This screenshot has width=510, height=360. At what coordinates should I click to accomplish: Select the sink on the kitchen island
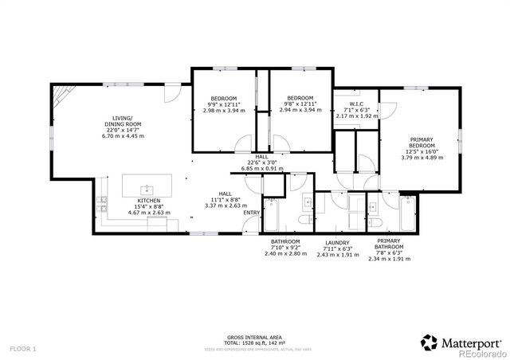click(146, 190)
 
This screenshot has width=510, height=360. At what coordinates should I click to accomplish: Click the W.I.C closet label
click(356, 104)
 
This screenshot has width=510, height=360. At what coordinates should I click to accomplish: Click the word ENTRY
click(251, 213)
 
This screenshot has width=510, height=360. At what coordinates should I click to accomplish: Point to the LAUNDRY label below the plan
click(338, 242)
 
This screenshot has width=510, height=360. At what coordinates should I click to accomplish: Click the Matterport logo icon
click(430, 342)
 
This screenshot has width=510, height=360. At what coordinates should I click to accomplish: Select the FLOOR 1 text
click(23, 349)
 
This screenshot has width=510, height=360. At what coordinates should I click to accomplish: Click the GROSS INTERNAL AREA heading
click(254, 338)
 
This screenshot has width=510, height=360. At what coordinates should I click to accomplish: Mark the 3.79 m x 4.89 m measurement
click(422, 158)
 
